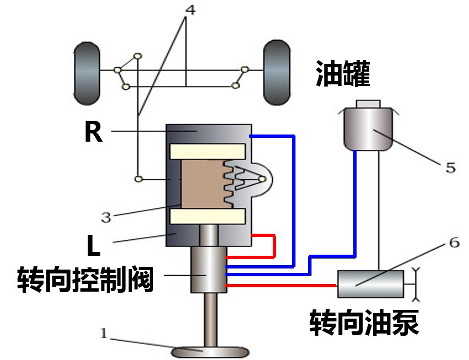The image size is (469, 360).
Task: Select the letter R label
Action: [93, 132]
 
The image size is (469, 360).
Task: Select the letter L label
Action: [94, 246]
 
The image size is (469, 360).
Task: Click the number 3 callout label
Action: [106, 217]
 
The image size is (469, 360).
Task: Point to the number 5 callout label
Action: [450, 167]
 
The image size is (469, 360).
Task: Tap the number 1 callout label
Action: [103, 332]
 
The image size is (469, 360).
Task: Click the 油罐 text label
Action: [343, 73]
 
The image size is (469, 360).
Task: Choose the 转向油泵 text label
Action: [364, 322]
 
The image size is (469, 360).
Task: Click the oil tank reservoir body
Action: [368, 130]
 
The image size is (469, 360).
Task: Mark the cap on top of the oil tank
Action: [368, 104]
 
